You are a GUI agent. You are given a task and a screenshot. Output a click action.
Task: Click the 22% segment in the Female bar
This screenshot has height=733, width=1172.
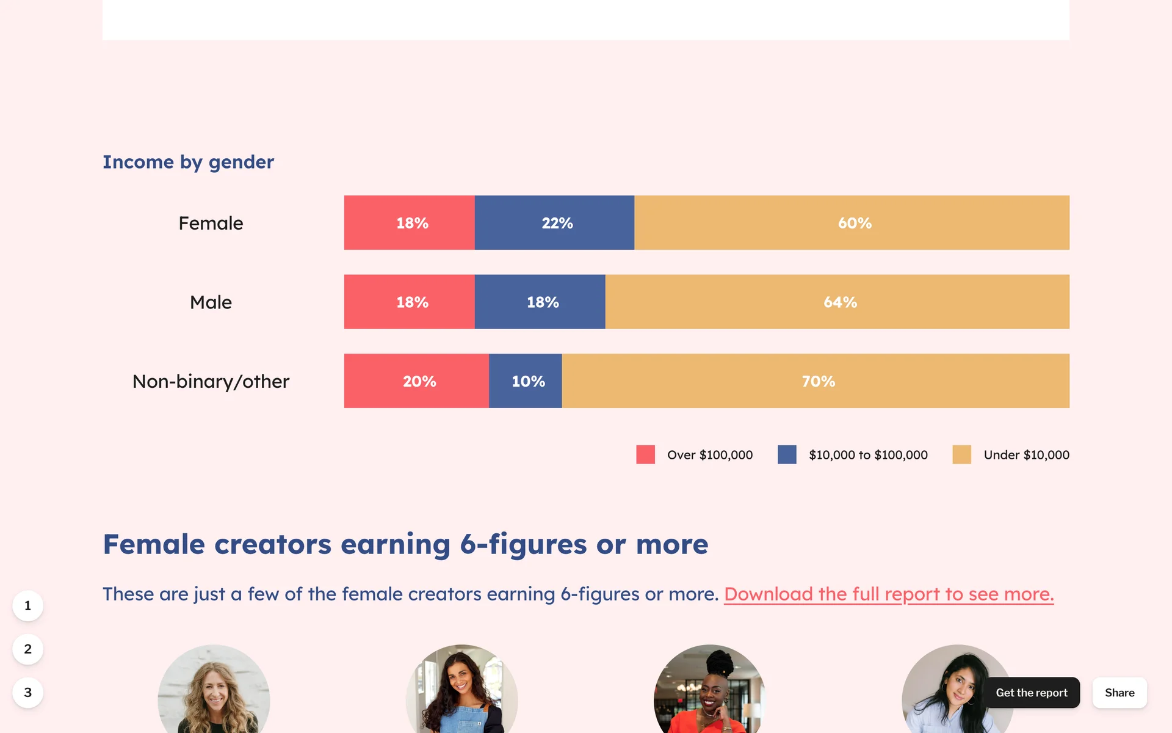(554, 222)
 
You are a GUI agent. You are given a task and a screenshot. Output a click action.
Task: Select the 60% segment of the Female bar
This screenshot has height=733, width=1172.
(852, 222)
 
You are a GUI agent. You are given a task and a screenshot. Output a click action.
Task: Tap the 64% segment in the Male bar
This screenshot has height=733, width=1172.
(837, 302)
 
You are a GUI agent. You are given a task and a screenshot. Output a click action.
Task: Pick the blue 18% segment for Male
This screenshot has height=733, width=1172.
(540, 302)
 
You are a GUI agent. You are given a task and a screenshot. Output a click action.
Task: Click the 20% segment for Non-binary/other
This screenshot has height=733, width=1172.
(416, 381)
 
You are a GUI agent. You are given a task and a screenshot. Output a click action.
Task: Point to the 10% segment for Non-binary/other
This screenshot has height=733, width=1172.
(525, 381)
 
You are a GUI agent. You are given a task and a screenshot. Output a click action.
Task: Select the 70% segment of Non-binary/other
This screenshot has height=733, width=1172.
(816, 381)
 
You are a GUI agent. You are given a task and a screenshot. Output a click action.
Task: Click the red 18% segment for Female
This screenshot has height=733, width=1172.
(410, 222)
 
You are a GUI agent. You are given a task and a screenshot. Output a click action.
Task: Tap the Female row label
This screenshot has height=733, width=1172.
(211, 223)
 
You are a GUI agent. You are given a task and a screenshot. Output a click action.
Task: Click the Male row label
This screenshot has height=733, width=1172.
(211, 302)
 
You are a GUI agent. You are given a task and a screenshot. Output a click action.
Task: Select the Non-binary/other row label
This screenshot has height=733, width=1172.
(211, 382)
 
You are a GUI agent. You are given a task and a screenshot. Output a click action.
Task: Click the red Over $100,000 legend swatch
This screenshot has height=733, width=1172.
(645, 454)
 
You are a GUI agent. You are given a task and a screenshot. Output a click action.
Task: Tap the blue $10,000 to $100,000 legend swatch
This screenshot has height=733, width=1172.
(787, 454)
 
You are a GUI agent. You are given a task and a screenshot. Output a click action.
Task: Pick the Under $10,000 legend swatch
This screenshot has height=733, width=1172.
(961, 454)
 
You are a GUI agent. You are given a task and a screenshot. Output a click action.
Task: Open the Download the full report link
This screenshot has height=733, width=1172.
(889, 594)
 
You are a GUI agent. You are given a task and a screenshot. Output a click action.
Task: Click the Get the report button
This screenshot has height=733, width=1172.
(1032, 693)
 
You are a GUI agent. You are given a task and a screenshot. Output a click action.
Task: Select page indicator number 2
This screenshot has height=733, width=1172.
(27, 649)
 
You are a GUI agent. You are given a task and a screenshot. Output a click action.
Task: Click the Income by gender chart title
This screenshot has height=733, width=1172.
(188, 162)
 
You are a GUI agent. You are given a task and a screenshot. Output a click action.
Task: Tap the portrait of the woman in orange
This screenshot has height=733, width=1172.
(709, 689)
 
